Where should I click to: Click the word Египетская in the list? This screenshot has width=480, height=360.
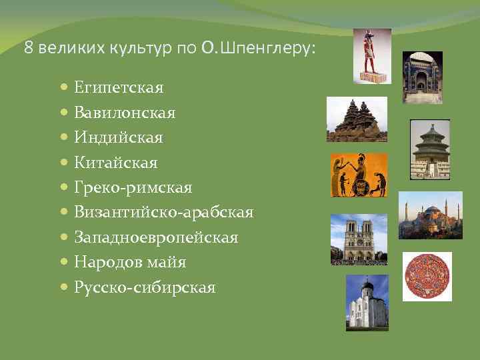coord(119,88)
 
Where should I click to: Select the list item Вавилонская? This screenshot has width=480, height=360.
coord(125,113)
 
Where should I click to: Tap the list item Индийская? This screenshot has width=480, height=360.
coord(118,138)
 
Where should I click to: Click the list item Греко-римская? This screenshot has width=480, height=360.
coord(133,188)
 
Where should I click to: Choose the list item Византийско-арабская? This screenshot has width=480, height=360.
coord(163,213)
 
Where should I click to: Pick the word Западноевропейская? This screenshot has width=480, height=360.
coord(156,238)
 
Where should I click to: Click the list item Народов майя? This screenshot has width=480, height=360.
coord(130,263)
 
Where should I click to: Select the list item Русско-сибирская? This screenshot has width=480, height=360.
coord(145,288)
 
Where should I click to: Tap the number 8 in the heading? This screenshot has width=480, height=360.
coord(27,49)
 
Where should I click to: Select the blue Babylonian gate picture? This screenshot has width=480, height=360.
coord(423,73)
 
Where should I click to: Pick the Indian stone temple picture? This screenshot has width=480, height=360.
coord(357,119)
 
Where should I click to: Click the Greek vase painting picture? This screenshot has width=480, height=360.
coord(359,175)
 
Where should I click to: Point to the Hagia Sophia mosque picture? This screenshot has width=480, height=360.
coord(430,215)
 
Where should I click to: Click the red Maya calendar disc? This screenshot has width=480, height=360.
coord(427,276)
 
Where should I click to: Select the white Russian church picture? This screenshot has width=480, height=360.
coord(367,303)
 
